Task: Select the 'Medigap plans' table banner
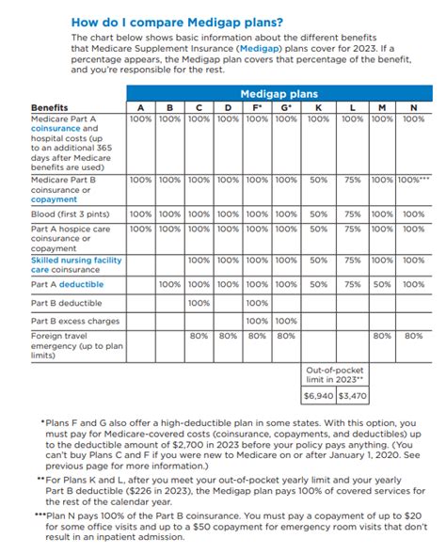pos(279,94)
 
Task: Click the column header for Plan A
pos(140,108)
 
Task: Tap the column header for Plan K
pos(318,108)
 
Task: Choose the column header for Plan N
pos(413,108)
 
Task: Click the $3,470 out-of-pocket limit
pos(353,397)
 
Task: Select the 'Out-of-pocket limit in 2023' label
pos(335,375)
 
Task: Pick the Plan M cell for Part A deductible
pos(382,284)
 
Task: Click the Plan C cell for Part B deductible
pos(199,303)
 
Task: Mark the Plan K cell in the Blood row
pos(318,214)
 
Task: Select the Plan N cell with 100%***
pos(413,179)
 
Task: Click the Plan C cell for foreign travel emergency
pos(199,335)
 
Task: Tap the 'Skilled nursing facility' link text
pos(77,260)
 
